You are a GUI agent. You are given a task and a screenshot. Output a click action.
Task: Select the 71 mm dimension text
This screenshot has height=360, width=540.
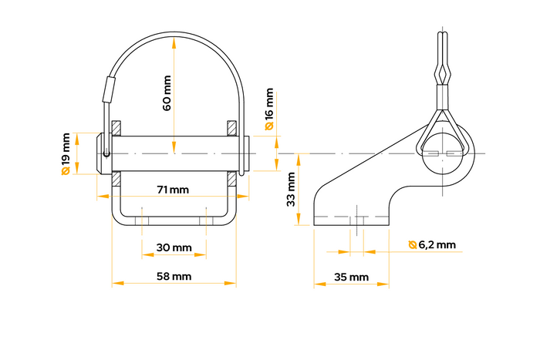pos(173,190)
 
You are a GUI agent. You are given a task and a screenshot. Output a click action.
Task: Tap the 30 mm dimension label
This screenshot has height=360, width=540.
pos(174,247)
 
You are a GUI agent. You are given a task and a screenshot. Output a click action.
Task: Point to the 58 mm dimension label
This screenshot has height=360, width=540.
pos(174,276)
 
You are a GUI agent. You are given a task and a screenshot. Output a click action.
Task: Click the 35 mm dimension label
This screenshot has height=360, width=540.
pos(351,276)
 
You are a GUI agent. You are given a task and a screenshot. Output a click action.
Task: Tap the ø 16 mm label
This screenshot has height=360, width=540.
pos(269,109)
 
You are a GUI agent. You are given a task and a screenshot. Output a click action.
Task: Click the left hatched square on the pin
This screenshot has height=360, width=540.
pos(116,126)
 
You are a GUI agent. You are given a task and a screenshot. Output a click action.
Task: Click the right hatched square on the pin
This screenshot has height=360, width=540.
pos(232,126)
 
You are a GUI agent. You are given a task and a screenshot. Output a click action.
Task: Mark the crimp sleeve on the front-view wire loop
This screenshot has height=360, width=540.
pos(108,89)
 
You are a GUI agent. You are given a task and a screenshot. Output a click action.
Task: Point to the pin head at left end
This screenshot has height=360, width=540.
pos(101,153)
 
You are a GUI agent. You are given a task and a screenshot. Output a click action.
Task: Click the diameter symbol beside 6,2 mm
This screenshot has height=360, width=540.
pos(413,245)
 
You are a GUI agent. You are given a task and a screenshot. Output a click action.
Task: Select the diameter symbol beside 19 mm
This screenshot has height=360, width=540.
pos(66,171)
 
